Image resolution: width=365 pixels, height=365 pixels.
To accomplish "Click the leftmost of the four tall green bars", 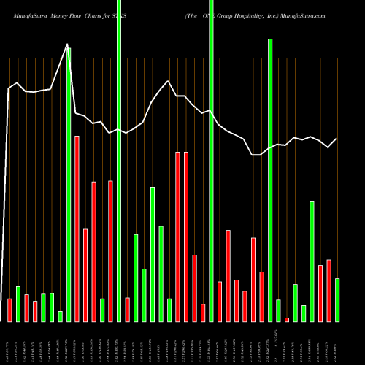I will click(x=69, y=182).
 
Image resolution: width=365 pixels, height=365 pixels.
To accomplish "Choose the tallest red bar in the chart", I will click(x=77, y=228).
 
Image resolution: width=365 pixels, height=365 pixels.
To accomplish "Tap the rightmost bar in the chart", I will click(x=337, y=299).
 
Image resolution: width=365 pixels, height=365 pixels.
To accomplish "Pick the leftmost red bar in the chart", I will click(x=9, y=310).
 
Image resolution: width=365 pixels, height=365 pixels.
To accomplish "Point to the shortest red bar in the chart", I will click(x=287, y=319).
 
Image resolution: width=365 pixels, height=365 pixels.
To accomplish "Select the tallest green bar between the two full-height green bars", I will click(x=153, y=254).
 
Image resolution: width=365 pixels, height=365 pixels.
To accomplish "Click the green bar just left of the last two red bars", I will click(x=312, y=261).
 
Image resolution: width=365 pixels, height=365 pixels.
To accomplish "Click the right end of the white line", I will click(x=337, y=139).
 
